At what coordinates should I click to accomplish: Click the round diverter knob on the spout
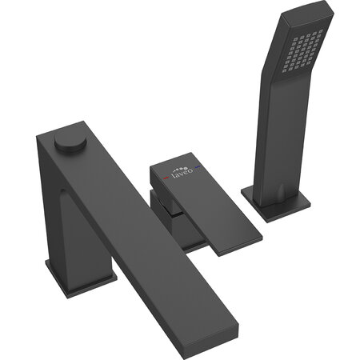point(70,141)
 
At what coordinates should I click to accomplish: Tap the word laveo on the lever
point(182,174)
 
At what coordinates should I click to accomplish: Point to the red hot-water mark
point(166,178)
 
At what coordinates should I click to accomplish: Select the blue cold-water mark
point(198,167)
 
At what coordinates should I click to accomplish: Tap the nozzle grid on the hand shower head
point(302,51)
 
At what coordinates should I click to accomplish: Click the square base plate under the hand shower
point(276,202)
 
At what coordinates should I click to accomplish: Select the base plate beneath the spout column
point(81,278)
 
